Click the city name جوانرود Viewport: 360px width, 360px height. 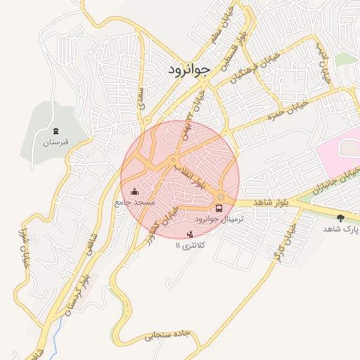(189, 70)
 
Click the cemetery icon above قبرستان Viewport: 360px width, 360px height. (56, 131)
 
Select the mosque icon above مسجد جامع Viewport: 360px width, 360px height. (134, 191)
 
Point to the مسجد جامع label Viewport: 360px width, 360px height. (134, 202)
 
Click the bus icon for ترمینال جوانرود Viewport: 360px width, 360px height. (219, 209)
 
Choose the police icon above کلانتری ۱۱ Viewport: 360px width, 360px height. (188, 234)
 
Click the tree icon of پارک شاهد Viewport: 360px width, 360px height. (341, 218)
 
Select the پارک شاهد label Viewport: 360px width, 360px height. (341, 229)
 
